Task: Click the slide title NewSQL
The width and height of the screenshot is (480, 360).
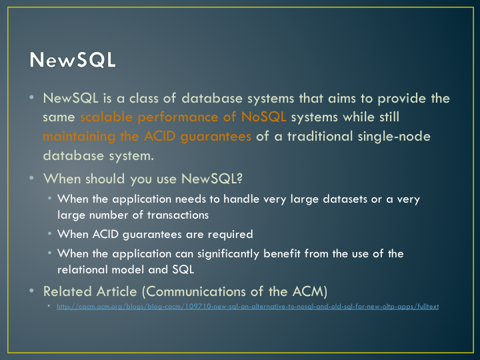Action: tap(73, 59)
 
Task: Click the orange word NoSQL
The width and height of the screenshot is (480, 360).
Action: tap(263, 117)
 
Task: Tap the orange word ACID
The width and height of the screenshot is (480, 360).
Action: tap(159, 136)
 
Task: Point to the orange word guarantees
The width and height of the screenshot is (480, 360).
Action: tap(216, 137)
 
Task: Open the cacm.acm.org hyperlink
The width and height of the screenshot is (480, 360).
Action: tap(247, 307)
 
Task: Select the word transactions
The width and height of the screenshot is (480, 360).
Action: tap(178, 215)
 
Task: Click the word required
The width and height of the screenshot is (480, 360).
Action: tap(230, 235)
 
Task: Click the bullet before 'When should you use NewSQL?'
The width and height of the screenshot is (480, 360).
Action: tap(31, 178)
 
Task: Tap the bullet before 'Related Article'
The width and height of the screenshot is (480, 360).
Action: tap(31, 291)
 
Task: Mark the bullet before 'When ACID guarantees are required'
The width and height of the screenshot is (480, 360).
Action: tap(49, 234)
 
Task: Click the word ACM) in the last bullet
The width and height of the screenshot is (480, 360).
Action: tap(310, 291)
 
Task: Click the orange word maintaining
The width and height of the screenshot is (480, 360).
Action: tap(79, 137)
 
